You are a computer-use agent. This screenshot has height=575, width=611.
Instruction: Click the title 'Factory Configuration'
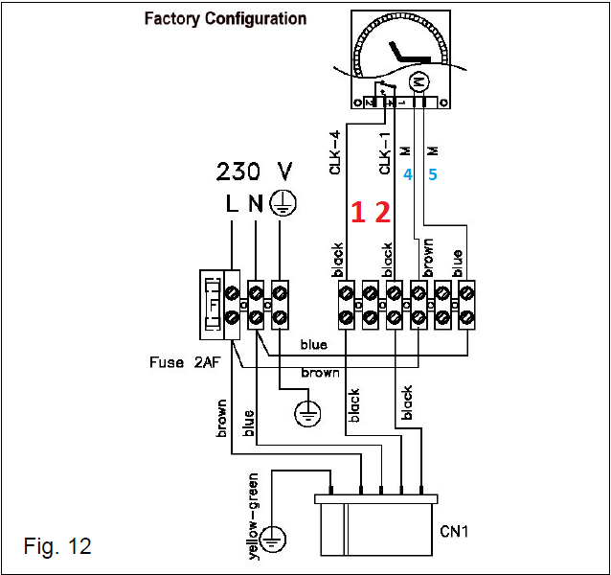[x=225, y=18]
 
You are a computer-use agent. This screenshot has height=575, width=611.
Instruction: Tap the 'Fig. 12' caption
[x=57, y=546]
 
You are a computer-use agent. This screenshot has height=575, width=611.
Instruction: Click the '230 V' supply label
[x=255, y=172]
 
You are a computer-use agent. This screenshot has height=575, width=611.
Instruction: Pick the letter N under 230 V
[x=256, y=204]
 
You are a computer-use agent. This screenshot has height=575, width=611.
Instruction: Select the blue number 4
[x=407, y=175]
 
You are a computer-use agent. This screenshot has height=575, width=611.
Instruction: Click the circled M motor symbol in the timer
[x=418, y=81]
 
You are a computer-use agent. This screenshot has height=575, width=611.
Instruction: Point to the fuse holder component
[x=212, y=302]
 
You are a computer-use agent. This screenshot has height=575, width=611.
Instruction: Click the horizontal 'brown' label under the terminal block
[x=319, y=372]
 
